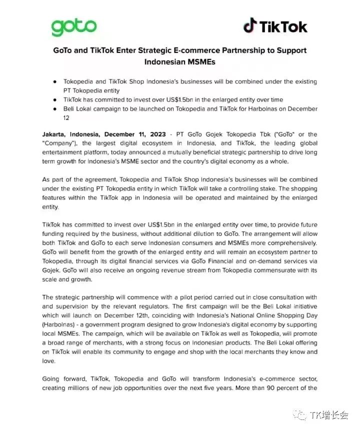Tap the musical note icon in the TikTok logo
(x=250, y=25)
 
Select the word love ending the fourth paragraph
(x=48, y=360)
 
